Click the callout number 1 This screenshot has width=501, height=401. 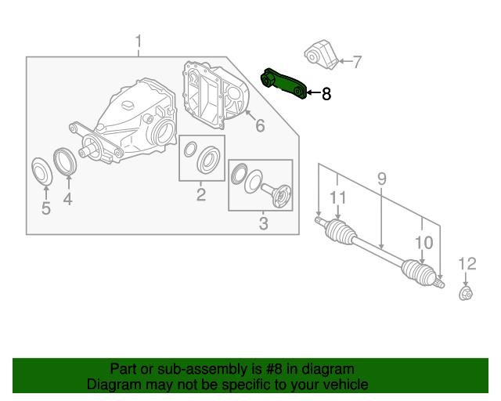click(x=139, y=41)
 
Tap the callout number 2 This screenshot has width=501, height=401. click(x=201, y=195)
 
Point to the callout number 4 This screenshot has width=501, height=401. click(x=68, y=200)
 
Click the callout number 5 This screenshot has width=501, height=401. click(x=45, y=208)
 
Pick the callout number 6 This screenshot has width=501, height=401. click(x=260, y=125)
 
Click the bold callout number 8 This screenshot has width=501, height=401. click(x=326, y=94)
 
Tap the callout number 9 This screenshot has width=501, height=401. click(x=381, y=179)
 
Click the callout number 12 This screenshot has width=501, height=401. click(x=467, y=262)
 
